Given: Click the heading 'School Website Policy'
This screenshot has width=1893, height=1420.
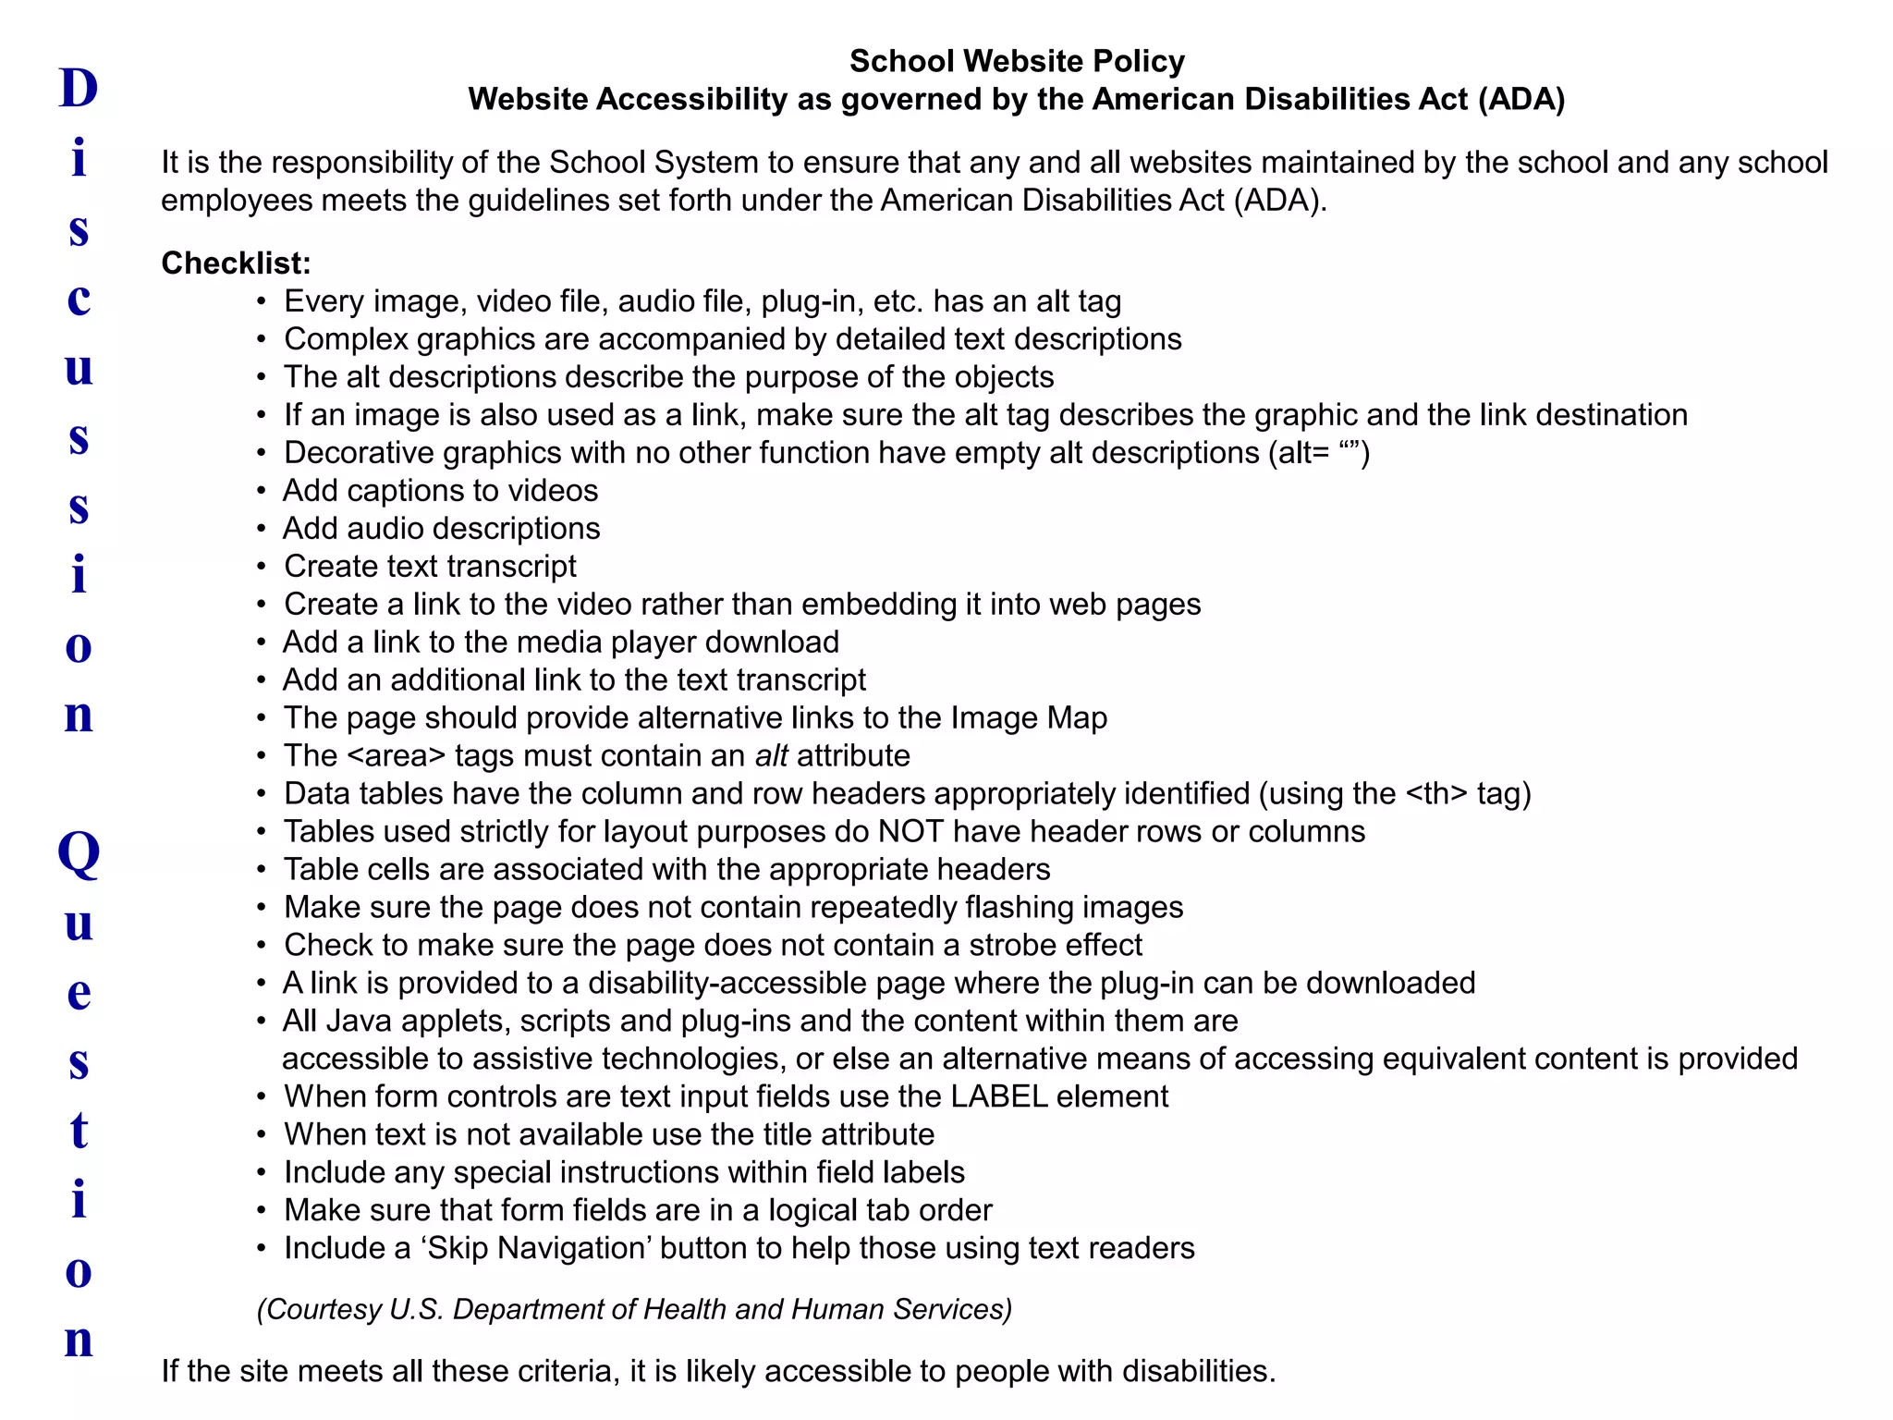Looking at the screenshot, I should click(1017, 61).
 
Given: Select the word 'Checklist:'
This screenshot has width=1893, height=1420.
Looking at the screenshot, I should click(236, 263).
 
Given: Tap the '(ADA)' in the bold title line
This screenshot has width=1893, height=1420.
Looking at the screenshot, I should click(1521, 99).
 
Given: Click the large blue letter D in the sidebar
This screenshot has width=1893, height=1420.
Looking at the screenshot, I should click(79, 89).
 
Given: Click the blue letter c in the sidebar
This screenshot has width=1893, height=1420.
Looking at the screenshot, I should click(79, 299).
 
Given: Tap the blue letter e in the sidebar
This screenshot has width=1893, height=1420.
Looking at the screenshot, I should click(79, 993).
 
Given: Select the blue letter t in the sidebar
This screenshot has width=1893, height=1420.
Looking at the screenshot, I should click(79, 1130).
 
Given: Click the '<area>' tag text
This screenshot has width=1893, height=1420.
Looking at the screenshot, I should click(397, 756).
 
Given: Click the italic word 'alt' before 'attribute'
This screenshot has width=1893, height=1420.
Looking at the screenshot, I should click(771, 756).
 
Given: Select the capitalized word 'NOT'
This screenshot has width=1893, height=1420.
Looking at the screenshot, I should click(910, 832).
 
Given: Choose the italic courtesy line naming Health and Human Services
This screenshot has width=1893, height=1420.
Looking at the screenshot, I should click(634, 1309).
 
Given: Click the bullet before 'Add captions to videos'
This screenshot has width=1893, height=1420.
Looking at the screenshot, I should click(262, 491).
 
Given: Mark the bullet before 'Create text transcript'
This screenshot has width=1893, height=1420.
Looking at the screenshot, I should click(262, 567).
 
